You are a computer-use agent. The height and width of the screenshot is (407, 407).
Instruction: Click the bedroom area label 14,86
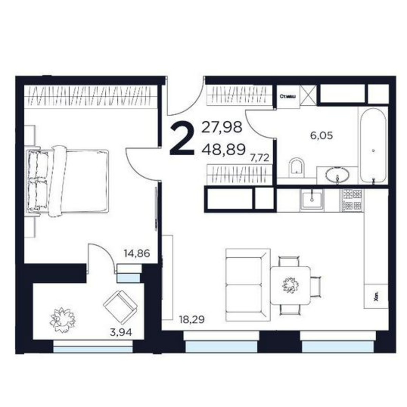tap(137, 253)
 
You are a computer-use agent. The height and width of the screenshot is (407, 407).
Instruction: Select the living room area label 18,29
tap(192, 319)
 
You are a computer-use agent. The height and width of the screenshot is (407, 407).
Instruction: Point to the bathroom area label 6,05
tap(322, 136)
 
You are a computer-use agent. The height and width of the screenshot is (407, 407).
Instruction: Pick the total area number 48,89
tap(224, 149)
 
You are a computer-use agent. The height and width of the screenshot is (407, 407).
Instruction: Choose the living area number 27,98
tap(222, 128)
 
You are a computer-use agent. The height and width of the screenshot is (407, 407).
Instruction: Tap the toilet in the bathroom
tap(297, 167)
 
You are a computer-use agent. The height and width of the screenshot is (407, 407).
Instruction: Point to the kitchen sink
tap(311, 200)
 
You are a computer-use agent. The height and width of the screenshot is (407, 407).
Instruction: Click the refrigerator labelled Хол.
tap(375, 296)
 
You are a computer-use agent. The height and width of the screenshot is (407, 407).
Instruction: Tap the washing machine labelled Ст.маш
tap(288, 97)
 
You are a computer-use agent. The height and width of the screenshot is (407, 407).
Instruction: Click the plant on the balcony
tap(62, 319)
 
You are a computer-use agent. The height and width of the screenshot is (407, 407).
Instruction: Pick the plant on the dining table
tap(290, 284)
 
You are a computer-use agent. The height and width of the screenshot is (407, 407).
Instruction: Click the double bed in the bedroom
tap(68, 181)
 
